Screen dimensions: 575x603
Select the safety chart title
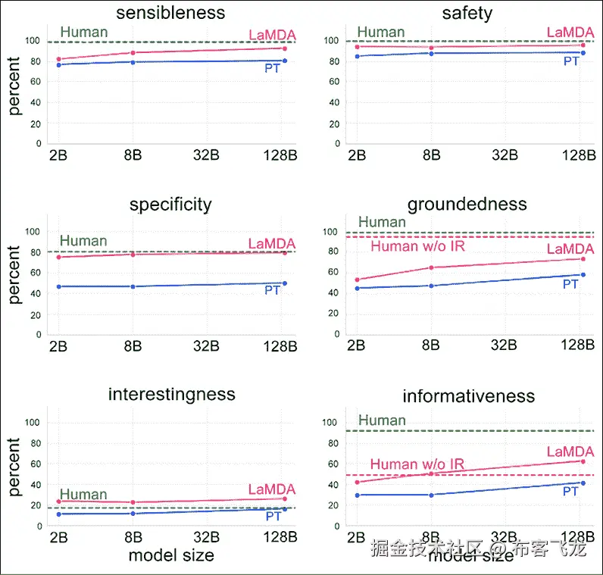[x=467, y=13]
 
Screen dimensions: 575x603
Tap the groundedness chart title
[x=467, y=205]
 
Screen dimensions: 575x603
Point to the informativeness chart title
[x=468, y=396]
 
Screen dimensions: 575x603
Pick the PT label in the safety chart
[x=571, y=61]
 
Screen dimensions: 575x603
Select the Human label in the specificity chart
[x=83, y=241]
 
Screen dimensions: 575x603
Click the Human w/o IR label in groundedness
[x=417, y=246]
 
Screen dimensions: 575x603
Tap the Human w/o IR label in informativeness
[x=417, y=464]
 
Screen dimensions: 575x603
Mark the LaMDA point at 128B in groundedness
[x=582, y=259]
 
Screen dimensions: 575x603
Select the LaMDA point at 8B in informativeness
[x=432, y=473]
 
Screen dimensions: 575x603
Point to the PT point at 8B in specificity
[x=133, y=286]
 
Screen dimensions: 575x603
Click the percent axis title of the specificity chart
[x=14, y=274]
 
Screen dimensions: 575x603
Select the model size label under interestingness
[x=170, y=555]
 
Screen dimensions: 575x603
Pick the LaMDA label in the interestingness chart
[x=272, y=489]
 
